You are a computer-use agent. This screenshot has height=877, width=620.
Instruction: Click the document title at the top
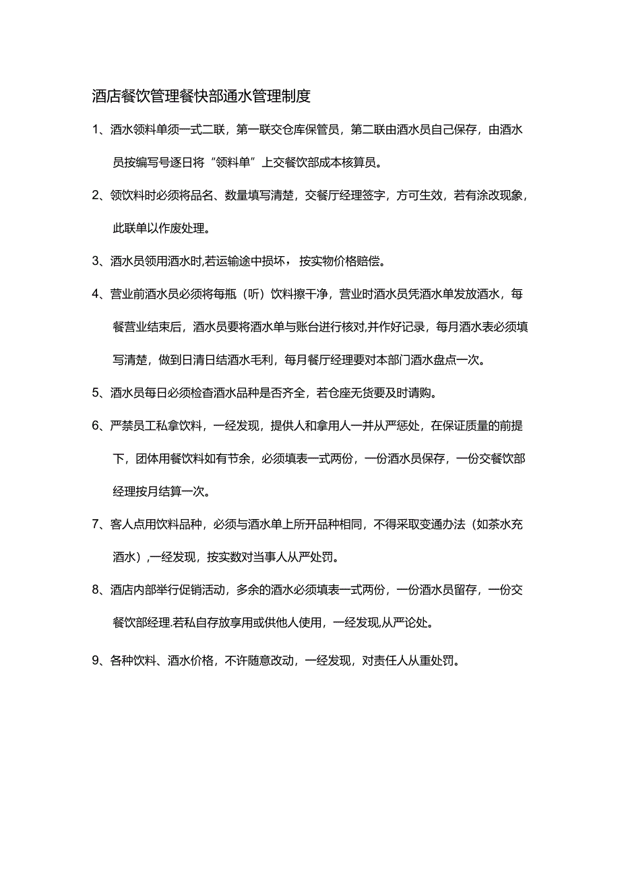pyautogui.click(x=201, y=96)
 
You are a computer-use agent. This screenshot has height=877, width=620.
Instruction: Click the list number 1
pyautogui.click(x=95, y=130)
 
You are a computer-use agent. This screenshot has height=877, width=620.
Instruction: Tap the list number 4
pyautogui.click(x=95, y=294)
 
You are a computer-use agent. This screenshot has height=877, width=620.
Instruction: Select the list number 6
pyautogui.click(x=95, y=425)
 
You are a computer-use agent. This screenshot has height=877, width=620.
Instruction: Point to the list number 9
pyautogui.click(x=95, y=661)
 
